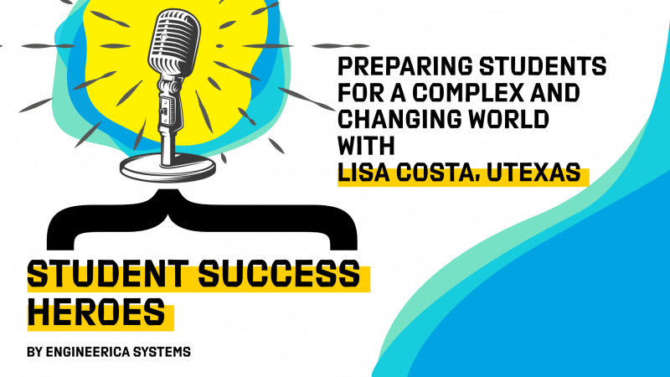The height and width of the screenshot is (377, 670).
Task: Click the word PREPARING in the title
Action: tap(405, 66)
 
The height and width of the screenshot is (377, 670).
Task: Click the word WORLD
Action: tap(508, 119)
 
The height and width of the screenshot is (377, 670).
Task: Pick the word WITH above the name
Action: tap(366, 146)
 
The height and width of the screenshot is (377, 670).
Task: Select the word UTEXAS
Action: tap(533, 173)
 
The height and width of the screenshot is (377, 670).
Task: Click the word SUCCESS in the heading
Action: tap(280, 273)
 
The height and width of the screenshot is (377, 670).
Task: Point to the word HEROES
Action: tap(96, 312)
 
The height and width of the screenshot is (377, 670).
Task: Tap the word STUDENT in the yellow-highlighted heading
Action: tap(108, 273)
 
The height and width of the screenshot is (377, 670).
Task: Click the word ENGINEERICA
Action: tap(88, 352)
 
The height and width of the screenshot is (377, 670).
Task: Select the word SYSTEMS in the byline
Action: tap(162, 352)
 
